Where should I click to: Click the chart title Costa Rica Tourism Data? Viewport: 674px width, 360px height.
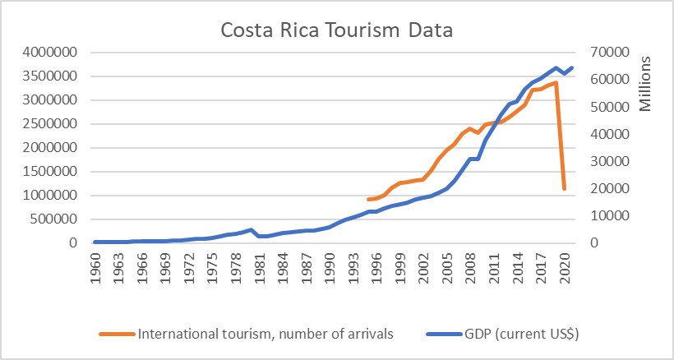(337, 32)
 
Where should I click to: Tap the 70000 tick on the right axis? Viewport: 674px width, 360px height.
(607, 53)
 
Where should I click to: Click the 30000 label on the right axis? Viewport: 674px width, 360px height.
(607, 162)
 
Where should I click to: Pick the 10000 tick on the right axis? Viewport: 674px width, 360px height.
(607, 216)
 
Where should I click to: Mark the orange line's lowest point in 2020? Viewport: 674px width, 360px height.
(565, 189)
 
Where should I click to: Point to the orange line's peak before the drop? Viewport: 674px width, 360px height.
(556, 82)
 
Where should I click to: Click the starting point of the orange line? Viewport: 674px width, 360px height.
(369, 200)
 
